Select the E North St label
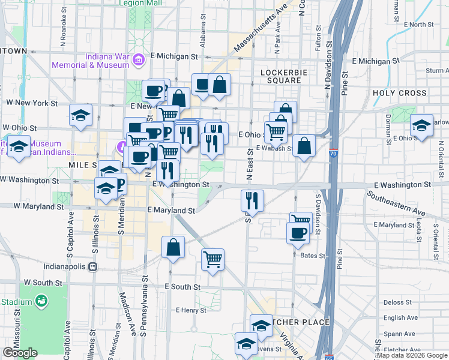(x=418, y=25)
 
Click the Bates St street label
(x=313, y=256)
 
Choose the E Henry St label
(x=190, y=310)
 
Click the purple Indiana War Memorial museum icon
(x=139, y=59)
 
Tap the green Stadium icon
(x=41, y=300)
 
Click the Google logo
(x=21, y=353)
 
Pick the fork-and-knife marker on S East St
(x=252, y=200)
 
